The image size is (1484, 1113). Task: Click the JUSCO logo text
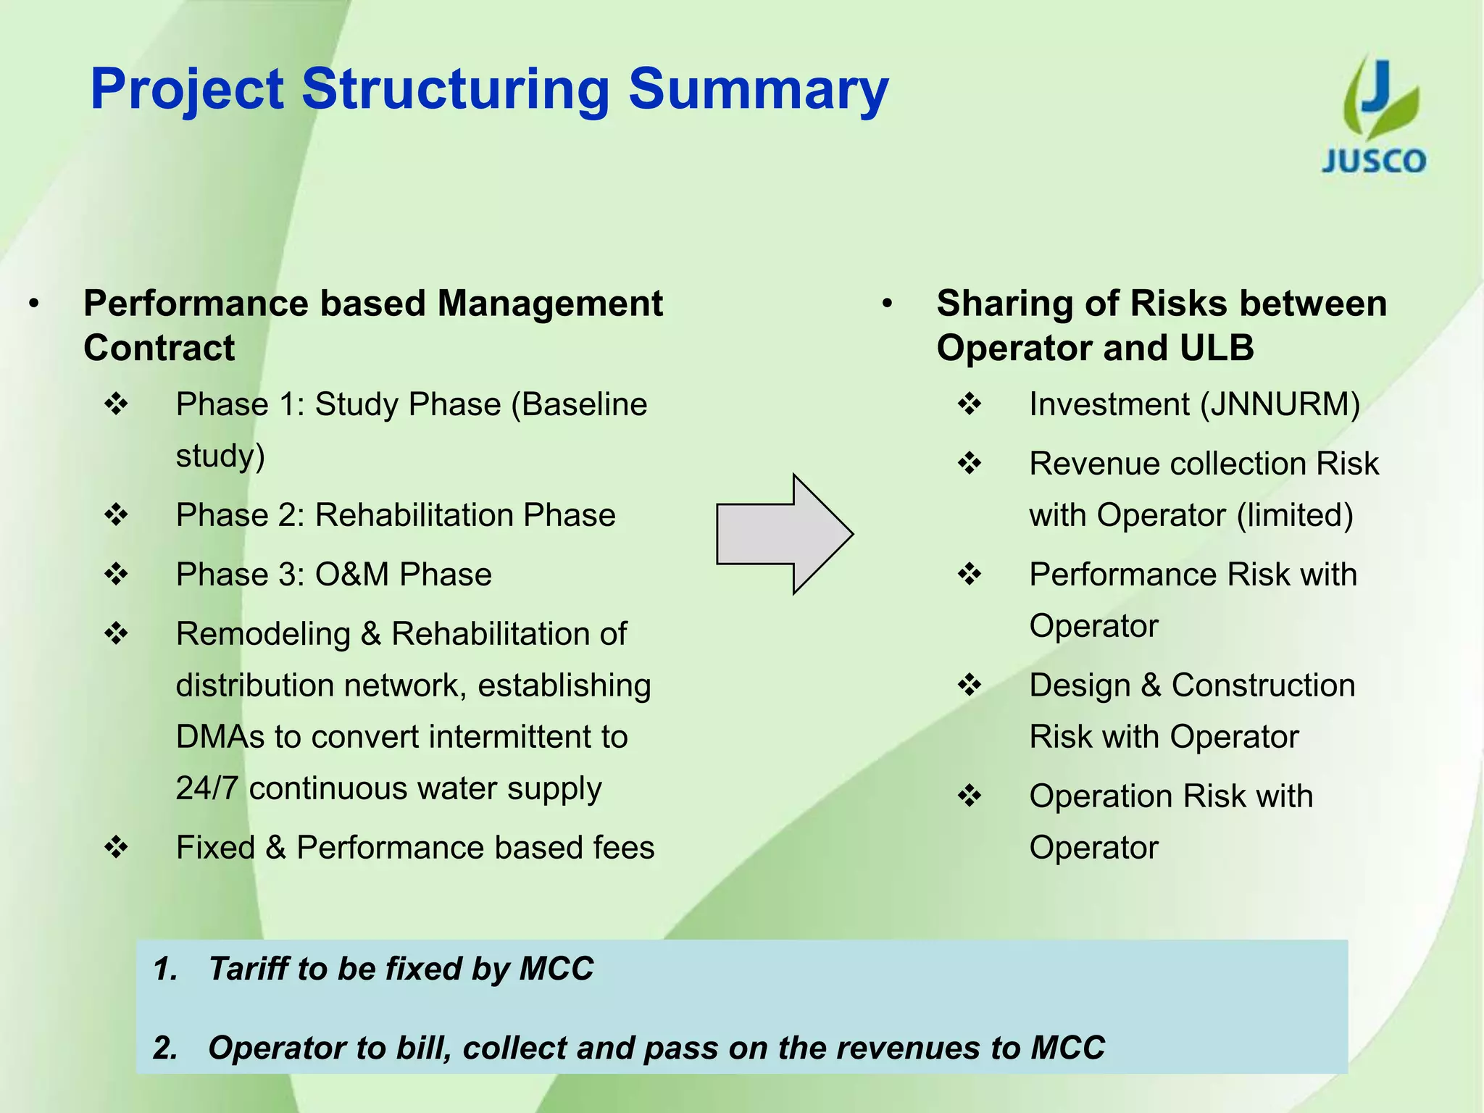tap(1373, 161)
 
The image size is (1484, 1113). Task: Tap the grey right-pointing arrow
tap(783, 534)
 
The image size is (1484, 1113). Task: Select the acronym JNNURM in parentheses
tap(1280, 404)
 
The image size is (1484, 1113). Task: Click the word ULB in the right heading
tap(1217, 348)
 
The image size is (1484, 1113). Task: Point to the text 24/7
tap(207, 788)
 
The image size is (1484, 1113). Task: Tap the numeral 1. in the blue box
tap(165, 969)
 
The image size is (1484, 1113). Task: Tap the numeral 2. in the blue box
tap(165, 1048)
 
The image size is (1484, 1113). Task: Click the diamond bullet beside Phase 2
tap(116, 515)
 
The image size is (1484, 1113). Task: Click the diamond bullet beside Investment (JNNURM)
tap(970, 404)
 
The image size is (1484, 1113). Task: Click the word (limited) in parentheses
tap(1294, 515)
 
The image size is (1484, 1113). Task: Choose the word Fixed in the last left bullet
tap(215, 848)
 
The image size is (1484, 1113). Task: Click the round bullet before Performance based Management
tap(34, 304)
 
